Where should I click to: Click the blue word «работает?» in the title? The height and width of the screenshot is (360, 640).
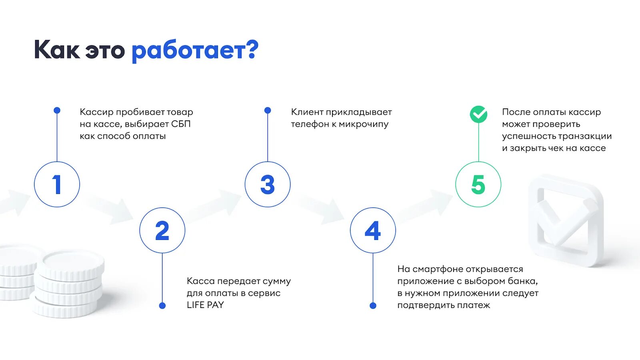(195, 51)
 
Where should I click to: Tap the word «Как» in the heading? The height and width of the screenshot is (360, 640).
(57, 50)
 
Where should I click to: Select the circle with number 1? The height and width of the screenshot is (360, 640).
(57, 184)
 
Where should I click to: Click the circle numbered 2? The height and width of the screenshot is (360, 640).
(162, 230)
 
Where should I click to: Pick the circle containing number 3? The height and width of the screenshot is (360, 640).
(268, 184)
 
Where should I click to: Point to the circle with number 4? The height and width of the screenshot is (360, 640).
(373, 230)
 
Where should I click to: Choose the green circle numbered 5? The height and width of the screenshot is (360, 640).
(478, 184)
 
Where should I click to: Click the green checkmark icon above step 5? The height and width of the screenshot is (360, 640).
(478, 114)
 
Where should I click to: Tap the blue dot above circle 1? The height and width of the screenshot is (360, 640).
(57, 110)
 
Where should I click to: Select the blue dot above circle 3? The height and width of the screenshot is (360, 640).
(268, 110)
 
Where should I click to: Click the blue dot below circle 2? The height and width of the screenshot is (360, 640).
(162, 306)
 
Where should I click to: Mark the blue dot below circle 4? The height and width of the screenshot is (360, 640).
(373, 306)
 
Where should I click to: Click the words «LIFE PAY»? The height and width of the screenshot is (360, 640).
(205, 305)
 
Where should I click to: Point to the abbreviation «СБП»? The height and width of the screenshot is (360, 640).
(181, 124)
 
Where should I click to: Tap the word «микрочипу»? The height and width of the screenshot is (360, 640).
(364, 124)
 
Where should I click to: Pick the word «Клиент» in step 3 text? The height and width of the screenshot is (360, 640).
(307, 112)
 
